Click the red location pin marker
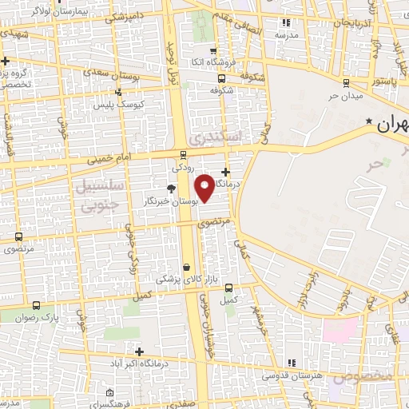pyautogui.click(x=204, y=189)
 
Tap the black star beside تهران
pyautogui.click(x=368, y=121)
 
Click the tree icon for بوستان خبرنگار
pyautogui.click(x=171, y=189)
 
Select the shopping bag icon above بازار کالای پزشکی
pyautogui.click(x=186, y=268)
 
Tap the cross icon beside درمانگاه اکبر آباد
pyautogui.click(x=139, y=351)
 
